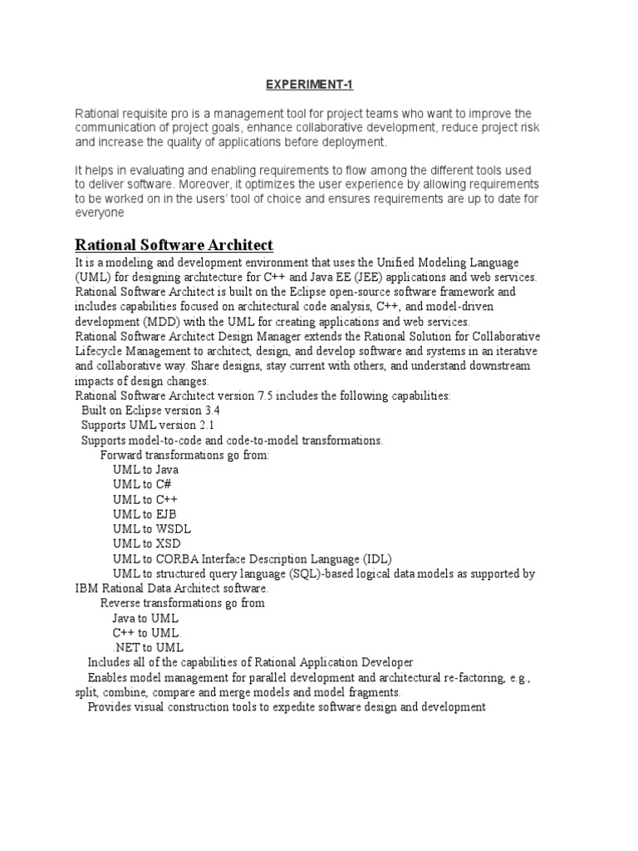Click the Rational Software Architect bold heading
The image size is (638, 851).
pyautogui.click(x=174, y=244)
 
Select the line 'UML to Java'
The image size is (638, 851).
pyautogui.click(x=145, y=470)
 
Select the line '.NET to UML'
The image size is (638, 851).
pyautogui.click(x=148, y=647)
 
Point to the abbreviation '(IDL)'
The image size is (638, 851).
pyautogui.click(x=375, y=558)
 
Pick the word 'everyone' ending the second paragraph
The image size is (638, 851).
pyautogui.click(x=100, y=213)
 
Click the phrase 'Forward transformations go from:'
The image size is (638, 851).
pyautogui.click(x=184, y=455)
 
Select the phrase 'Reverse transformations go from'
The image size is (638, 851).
pyautogui.click(x=182, y=603)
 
